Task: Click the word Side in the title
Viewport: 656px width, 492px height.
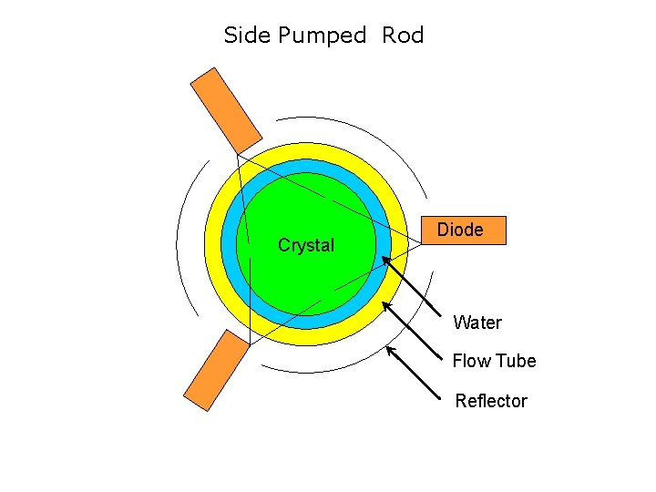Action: coord(247,36)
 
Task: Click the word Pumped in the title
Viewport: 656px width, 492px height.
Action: coord(322,36)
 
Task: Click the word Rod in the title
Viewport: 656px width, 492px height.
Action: coord(403,36)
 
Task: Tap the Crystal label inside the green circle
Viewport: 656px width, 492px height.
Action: coord(306,245)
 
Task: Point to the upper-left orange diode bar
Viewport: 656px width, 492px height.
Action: coord(226,109)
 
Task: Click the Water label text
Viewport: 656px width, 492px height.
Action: coord(477,323)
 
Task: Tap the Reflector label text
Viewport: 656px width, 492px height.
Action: coord(491,401)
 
